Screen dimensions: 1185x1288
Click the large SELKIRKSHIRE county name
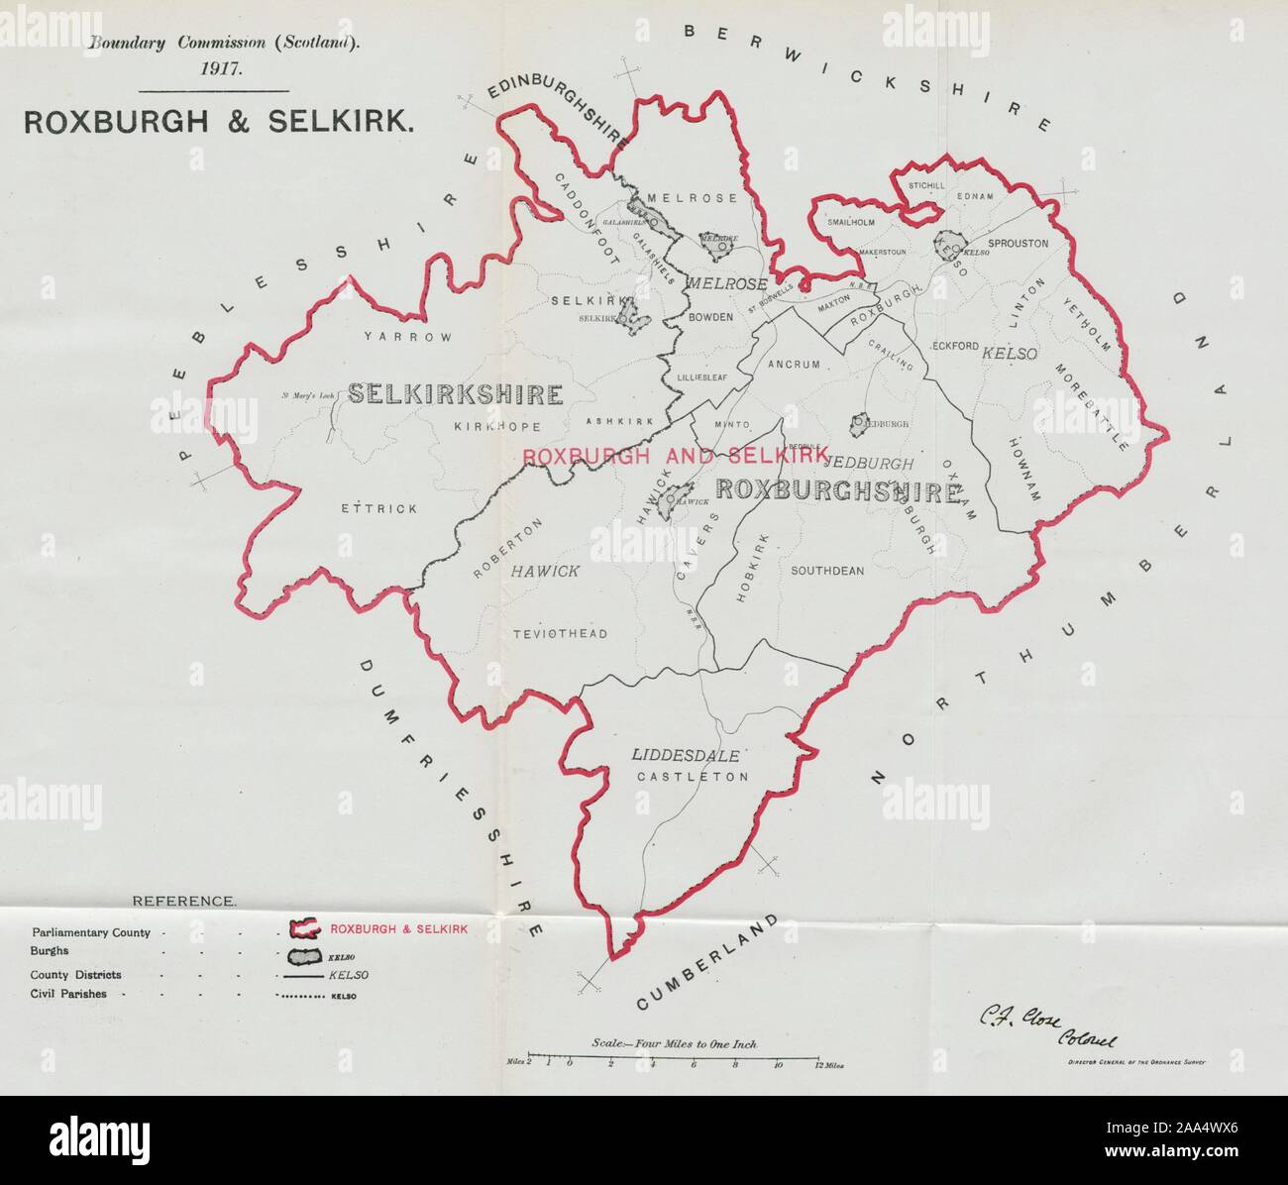(x=456, y=395)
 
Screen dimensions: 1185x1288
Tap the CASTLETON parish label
(x=692, y=777)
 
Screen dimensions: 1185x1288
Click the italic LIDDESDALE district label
(x=686, y=755)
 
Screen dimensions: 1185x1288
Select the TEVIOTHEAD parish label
(x=560, y=634)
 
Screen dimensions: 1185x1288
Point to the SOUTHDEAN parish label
(x=827, y=571)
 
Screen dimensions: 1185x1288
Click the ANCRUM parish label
(x=794, y=365)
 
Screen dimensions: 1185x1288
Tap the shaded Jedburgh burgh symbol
(x=859, y=423)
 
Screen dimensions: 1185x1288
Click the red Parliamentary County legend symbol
(x=303, y=929)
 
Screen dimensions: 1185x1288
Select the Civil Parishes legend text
(x=69, y=994)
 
